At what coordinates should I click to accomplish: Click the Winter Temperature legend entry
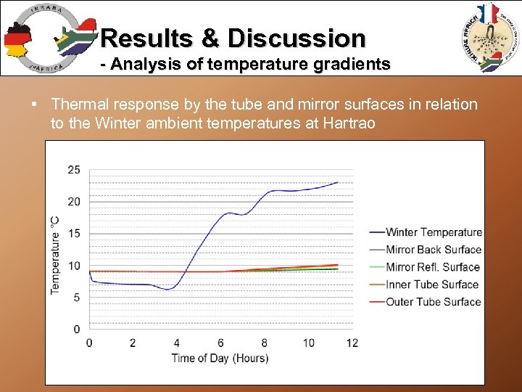434,232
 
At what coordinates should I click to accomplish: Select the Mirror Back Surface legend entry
434,250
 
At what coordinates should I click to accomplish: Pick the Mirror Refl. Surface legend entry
433,267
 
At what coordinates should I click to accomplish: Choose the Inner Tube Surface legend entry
432,285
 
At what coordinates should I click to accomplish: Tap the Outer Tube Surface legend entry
433,302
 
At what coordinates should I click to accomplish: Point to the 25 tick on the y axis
74,170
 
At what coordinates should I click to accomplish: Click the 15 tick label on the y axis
74,234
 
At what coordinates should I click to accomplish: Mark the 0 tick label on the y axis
77,330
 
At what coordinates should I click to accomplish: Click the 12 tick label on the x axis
352,343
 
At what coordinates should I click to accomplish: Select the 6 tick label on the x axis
220,343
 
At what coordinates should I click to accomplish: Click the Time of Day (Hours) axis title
220,358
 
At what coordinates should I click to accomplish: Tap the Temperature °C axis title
55,254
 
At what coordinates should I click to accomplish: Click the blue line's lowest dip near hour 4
169,289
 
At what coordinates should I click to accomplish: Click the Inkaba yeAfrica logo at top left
47,38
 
